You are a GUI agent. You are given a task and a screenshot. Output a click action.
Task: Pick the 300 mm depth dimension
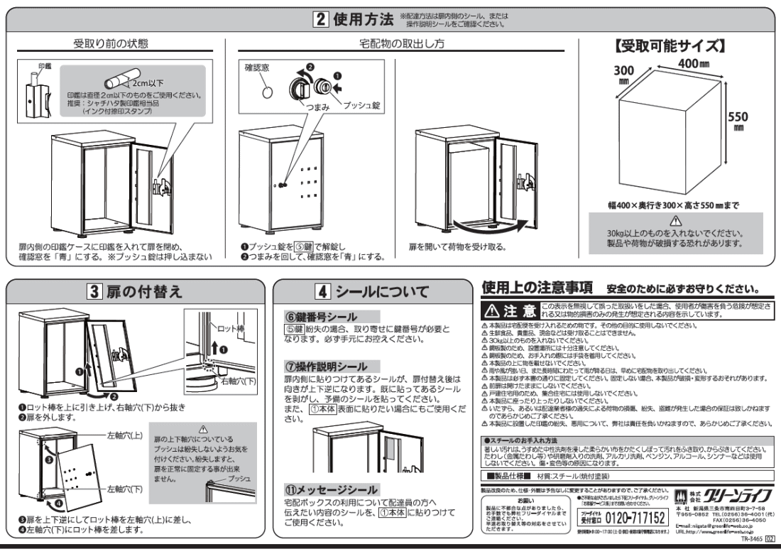tap(625, 76)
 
